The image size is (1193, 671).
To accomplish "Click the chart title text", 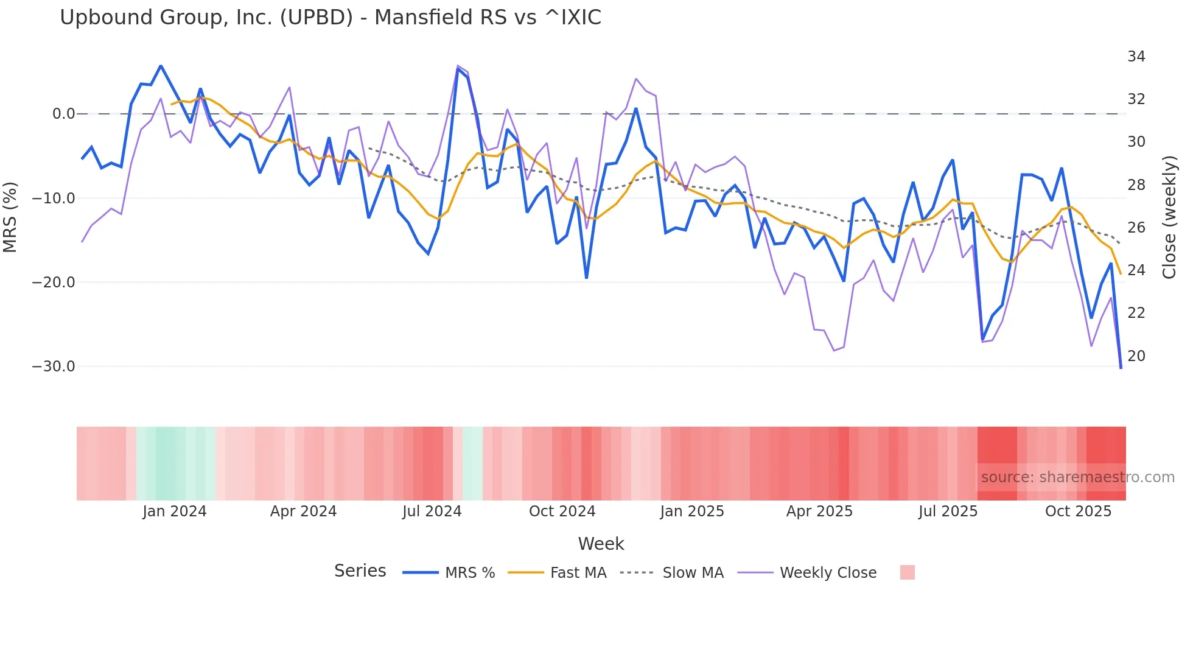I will coord(330,18).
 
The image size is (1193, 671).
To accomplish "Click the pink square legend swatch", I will coord(907,572).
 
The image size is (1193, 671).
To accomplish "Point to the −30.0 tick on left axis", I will coord(54,367).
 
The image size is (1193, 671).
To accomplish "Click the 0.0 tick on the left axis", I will coord(63,114).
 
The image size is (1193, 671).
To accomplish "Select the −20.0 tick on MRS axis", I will coord(54,283).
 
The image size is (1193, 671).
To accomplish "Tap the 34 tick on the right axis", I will coord(1136,57).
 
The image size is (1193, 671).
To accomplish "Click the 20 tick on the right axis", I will coord(1136,356).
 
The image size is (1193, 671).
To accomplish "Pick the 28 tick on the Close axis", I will coord(1136,185).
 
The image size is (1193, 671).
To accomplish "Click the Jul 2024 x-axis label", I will coord(432,511).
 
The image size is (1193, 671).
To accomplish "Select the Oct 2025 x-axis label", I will coord(1078,511).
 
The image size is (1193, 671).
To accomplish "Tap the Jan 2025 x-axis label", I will coord(691,511).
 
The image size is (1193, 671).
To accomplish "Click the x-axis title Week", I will coord(601,544).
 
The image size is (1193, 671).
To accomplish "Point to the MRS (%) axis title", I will coord(10,217).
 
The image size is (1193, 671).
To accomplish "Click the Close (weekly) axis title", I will coord(1169,217).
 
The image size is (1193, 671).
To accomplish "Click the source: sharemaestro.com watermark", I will coord(1077,477).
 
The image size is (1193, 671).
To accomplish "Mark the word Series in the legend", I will coord(360,571).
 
